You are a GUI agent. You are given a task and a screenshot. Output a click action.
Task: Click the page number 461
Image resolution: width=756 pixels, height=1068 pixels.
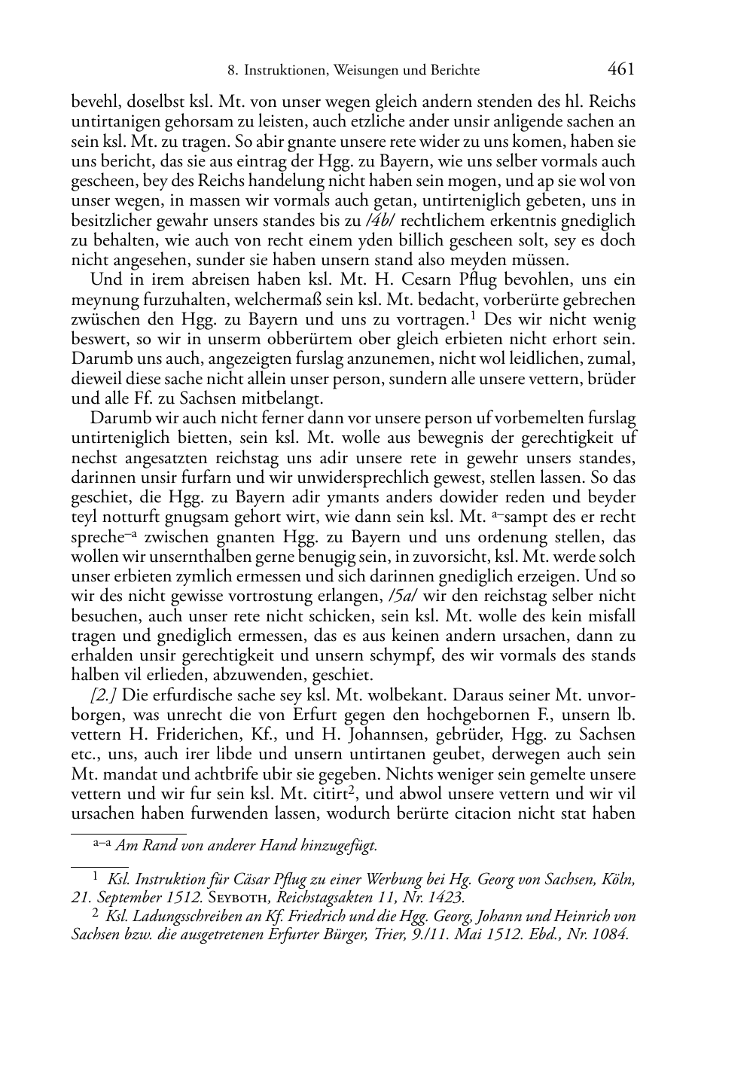click(620, 69)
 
